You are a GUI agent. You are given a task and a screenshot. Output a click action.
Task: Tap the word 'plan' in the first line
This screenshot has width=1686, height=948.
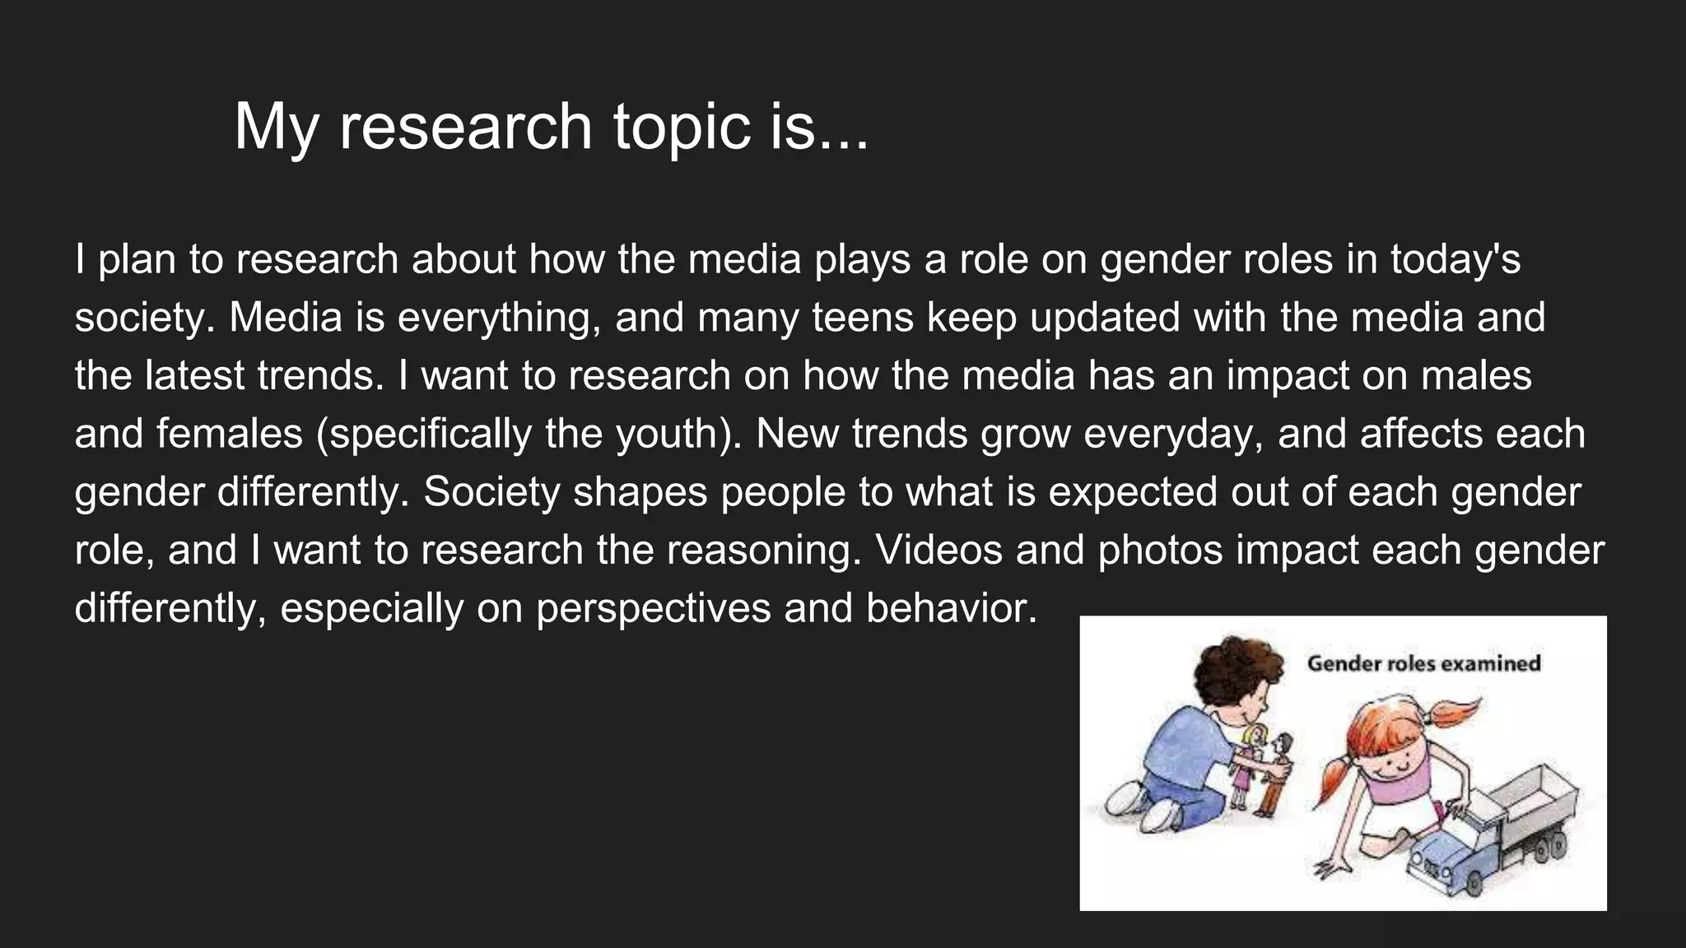coord(137,260)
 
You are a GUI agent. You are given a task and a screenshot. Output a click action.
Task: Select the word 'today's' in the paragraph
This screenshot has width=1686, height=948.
coord(1455,260)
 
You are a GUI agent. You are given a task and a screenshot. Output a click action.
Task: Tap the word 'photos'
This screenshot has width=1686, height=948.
coord(1160,551)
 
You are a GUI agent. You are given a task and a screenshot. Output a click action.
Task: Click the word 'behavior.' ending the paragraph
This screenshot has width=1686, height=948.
coord(952,609)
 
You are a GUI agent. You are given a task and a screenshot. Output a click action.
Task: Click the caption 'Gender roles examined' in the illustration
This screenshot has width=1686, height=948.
coord(1423,663)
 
